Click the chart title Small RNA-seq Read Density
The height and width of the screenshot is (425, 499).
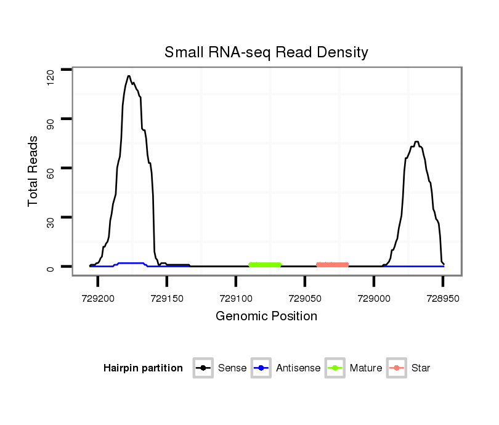point(266,52)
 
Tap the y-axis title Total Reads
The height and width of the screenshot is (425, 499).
point(33,171)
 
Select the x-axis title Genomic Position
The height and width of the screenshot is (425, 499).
point(266,316)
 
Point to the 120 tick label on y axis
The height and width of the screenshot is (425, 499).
point(51,75)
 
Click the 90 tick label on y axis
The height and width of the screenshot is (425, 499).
point(51,119)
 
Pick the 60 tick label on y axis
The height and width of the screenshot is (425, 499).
point(51,169)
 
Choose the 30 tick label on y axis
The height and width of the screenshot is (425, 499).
point(51,218)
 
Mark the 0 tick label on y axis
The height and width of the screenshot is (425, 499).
point(51,267)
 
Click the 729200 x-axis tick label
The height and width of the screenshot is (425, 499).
point(98,296)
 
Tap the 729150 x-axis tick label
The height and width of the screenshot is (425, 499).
point(167,296)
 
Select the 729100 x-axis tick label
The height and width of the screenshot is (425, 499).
point(236,296)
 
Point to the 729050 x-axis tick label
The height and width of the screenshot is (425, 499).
point(305,296)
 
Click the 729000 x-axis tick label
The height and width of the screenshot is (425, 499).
point(374,296)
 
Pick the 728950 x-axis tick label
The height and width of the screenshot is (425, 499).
point(443,296)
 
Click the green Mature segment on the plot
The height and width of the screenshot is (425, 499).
point(265,264)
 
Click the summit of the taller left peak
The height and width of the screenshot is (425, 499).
point(129,76)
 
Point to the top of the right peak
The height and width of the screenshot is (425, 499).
point(417,142)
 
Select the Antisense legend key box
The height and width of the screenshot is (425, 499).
point(261,368)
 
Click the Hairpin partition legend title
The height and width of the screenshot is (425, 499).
point(143,368)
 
